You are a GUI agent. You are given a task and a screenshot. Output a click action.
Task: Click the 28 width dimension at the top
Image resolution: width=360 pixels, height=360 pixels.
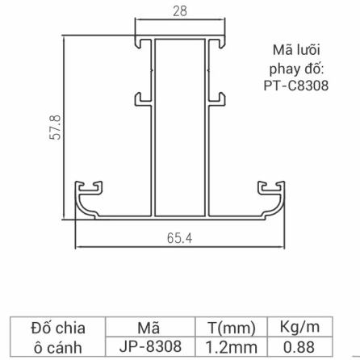tap(178, 10)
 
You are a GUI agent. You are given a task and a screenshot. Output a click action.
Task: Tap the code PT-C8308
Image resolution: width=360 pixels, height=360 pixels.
tap(295, 85)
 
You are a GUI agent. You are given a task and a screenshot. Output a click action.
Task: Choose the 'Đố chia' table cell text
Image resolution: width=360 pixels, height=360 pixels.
tap(57, 329)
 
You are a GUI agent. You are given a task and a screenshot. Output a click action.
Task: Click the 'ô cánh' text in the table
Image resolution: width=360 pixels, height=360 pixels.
tap(57, 348)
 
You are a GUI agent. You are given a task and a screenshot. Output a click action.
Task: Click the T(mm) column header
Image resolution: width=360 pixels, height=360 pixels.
tap(231, 329)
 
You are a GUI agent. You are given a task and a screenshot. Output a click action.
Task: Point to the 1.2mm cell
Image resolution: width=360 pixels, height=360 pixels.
tap(231, 348)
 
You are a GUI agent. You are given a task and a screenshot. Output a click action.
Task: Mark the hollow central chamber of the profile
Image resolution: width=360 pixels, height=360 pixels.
tap(179, 121)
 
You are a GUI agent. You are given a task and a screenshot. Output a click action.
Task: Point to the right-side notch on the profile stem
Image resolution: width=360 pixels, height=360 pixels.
tap(218, 98)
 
